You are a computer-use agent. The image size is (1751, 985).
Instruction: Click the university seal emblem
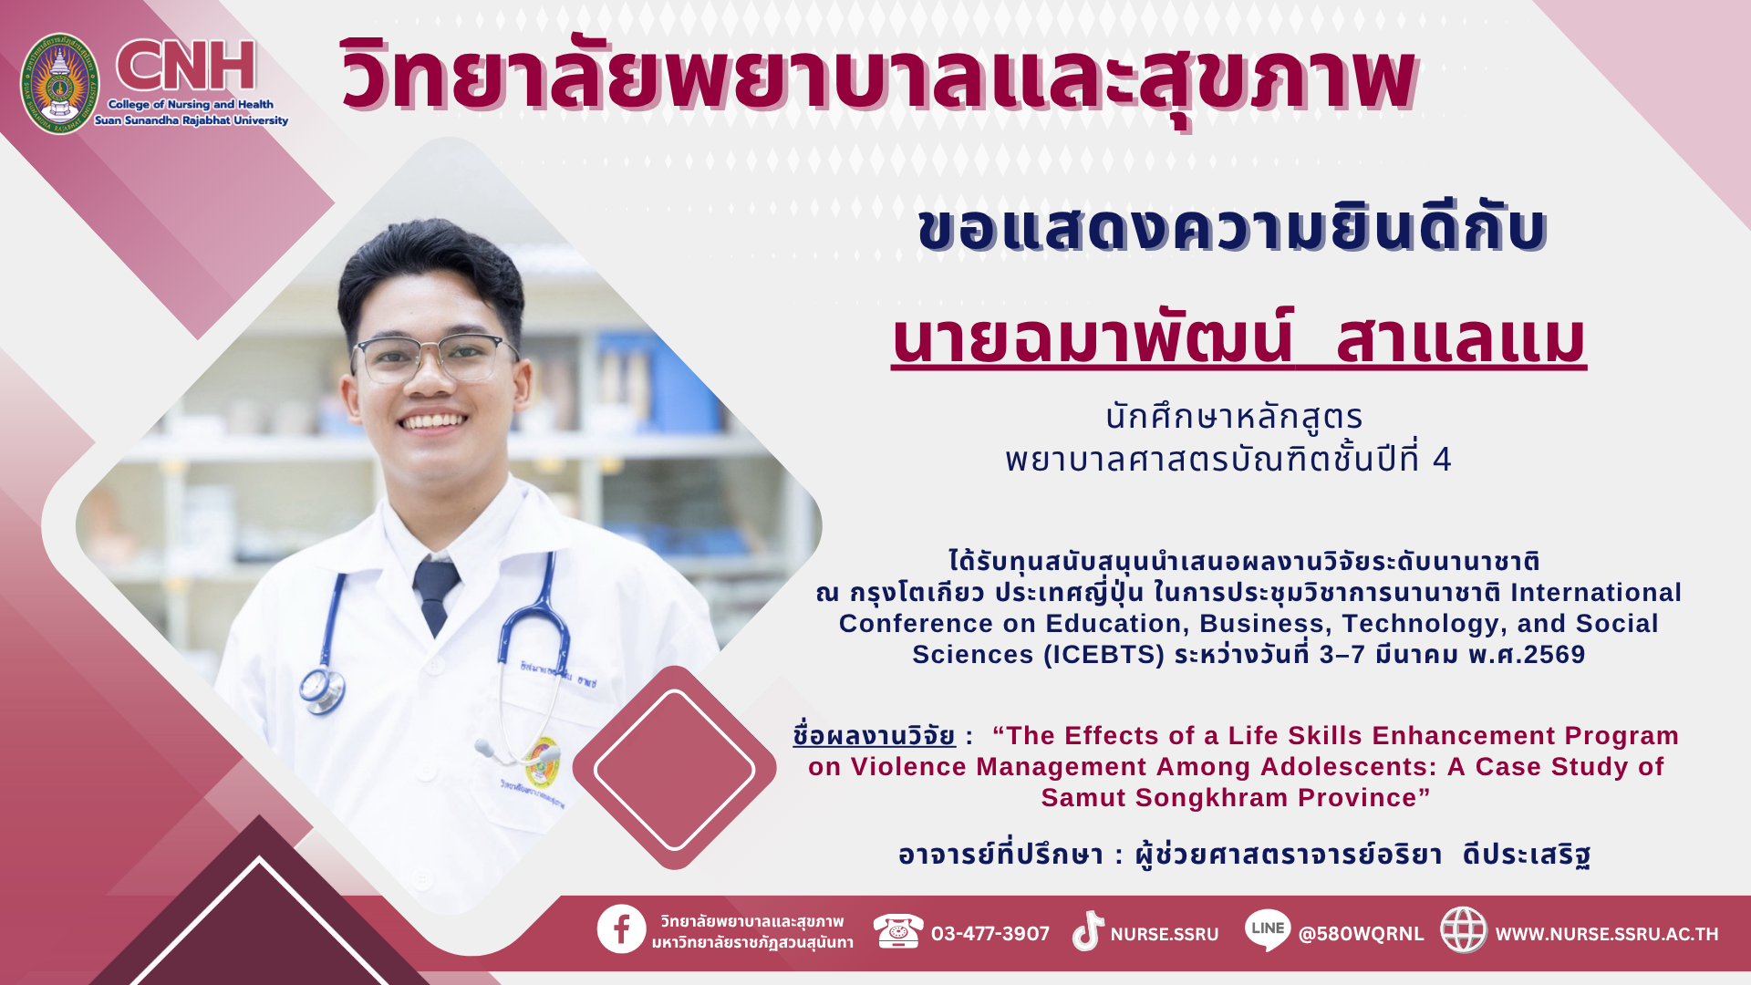[59, 84]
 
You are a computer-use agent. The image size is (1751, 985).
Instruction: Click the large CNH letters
[186, 66]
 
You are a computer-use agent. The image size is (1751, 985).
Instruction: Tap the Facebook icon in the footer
[622, 929]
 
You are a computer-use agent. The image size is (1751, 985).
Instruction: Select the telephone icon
[898, 931]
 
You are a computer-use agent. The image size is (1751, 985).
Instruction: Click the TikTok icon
[1088, 931]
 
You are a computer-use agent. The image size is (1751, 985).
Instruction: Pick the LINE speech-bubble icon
[1268, 930]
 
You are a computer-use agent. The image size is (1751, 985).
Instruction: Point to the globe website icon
[1464, 930]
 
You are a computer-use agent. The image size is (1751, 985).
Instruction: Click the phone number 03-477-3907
[990, 934]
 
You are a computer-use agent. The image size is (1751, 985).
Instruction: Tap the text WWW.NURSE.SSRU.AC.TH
[1607, 934]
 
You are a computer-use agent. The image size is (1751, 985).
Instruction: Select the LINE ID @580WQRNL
[1361, 934]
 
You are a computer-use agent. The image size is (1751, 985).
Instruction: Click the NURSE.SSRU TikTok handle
[1165, 934]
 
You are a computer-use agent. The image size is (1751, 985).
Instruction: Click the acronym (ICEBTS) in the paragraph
[1103, 655]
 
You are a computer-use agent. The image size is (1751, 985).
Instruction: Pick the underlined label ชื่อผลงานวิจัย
[875, 735]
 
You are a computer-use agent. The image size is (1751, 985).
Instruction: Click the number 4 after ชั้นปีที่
[1442, 459]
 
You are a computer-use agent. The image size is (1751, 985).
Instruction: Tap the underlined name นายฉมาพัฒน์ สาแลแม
[1238, 339]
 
